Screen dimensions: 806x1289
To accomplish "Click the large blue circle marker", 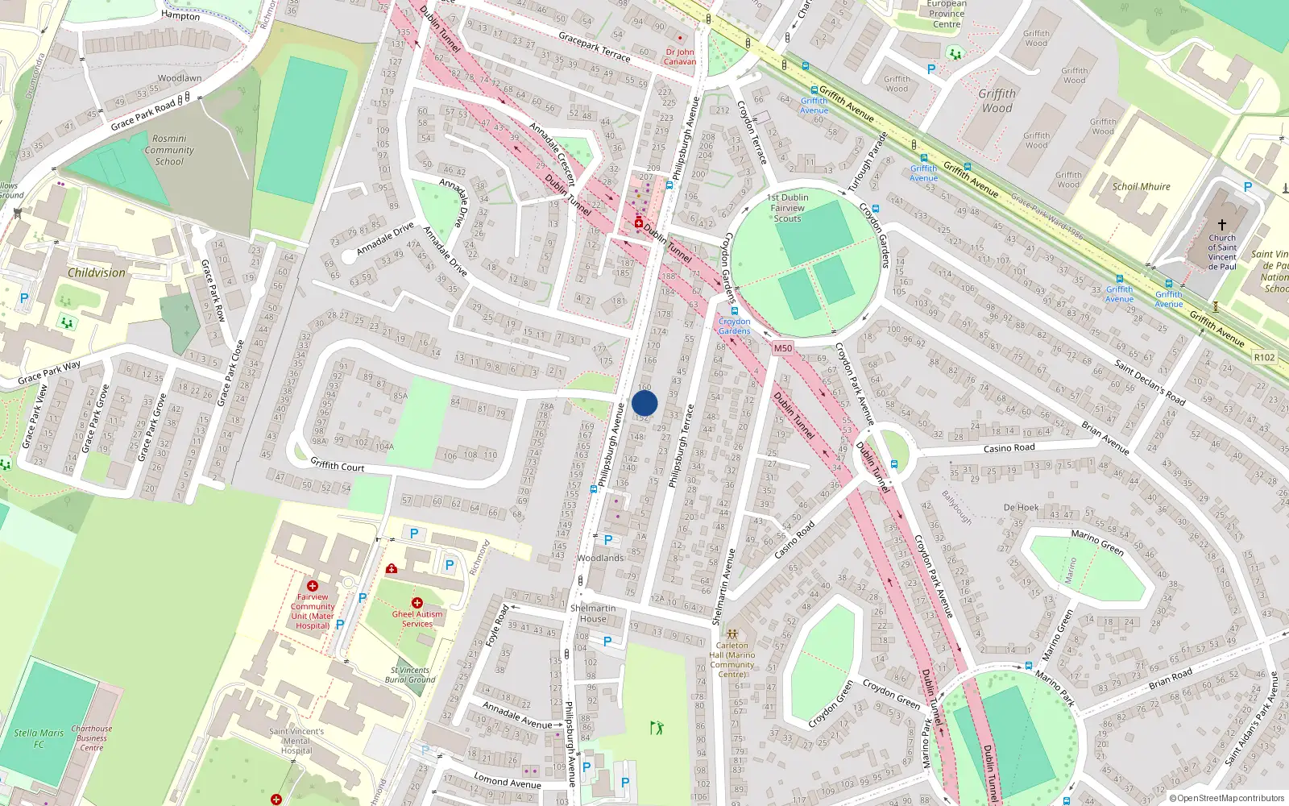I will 644,403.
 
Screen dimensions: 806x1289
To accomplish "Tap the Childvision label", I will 97,273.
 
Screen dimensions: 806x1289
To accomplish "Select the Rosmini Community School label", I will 169,150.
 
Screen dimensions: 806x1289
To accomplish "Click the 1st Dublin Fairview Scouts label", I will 788,208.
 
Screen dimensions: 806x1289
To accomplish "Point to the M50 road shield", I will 782,348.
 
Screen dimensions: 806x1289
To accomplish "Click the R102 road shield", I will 1265,357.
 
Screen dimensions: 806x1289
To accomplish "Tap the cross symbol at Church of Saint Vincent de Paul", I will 1222,225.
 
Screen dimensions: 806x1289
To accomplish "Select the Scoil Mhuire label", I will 1141,186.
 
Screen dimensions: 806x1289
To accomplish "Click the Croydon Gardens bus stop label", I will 734,326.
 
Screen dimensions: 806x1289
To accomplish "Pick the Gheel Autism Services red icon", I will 417,602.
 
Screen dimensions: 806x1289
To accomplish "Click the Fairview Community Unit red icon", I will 313,586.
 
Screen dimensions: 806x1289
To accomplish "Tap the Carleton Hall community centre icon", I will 732,634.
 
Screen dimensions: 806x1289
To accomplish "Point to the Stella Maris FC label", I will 39,738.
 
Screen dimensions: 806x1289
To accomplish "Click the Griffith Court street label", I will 338,466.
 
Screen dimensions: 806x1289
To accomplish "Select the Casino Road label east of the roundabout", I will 1009,448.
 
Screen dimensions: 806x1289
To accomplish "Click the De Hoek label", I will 1021,508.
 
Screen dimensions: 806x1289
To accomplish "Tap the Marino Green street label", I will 1097,542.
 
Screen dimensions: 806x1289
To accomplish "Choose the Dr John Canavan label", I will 680,56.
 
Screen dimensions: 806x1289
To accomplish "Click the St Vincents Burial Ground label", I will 410,675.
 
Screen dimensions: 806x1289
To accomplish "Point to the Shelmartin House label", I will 593,613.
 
